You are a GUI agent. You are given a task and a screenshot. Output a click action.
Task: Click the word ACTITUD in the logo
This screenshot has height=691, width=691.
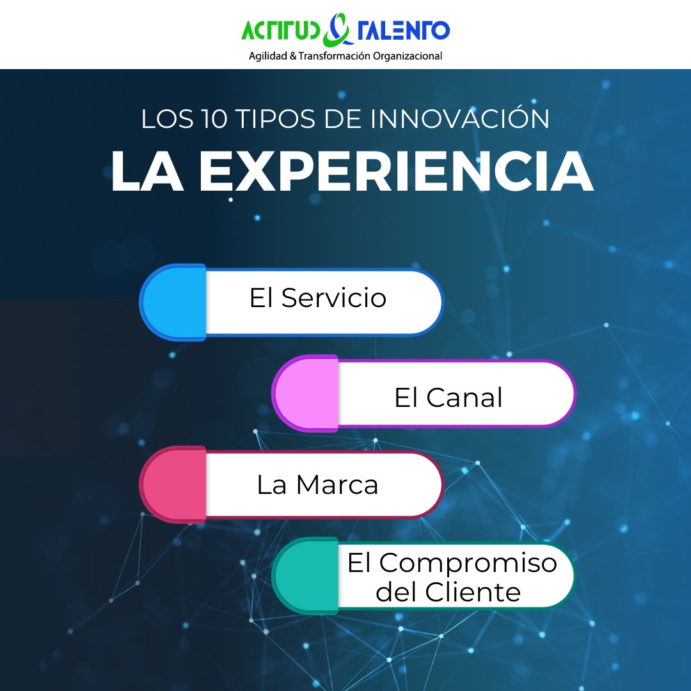click(282, 30)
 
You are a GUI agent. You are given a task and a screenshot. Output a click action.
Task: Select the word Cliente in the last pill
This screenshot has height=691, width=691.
click(473, 592)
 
